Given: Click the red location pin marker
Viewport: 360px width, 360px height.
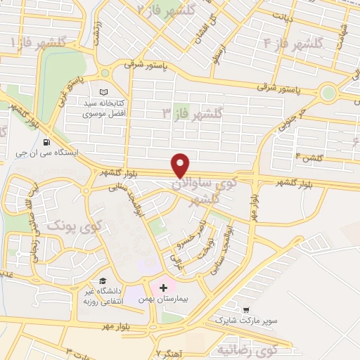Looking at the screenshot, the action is click(181, 165).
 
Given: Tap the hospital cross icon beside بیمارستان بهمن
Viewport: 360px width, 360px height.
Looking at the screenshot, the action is click(164, 288).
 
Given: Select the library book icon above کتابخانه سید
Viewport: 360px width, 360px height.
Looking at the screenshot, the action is click(103, 92).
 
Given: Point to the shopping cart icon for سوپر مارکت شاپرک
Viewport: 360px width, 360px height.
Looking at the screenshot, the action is click(245, 309).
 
